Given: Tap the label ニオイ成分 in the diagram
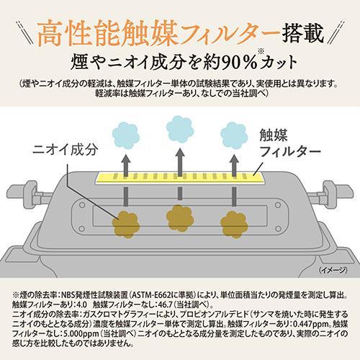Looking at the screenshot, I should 63,153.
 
